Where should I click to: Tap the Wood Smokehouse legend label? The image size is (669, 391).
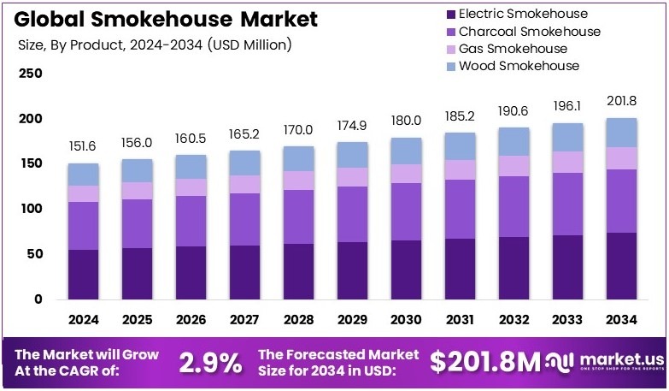click(x=519, y=66)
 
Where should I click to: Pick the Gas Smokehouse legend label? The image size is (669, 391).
click(x=513, y=49)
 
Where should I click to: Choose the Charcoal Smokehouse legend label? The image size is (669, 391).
click(x=529, y=32)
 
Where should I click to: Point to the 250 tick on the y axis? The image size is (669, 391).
click(x=30, y=74)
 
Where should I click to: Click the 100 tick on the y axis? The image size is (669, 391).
click(x=30, y=209)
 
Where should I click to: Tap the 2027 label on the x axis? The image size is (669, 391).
click(x=245, y=320)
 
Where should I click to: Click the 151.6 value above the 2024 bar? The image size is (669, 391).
click(x=84, y=147)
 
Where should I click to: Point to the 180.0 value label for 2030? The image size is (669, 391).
click(x=405, y=121)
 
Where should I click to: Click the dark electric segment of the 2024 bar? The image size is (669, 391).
click(x=84, y=274)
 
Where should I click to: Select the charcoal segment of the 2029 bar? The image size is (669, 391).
click(x=351, y=214)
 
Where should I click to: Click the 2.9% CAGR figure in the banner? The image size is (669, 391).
click(x=210, y=363)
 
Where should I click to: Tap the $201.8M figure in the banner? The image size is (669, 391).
click(x=485, y=363)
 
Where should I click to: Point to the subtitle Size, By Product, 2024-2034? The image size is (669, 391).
click(x=155, y=44)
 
